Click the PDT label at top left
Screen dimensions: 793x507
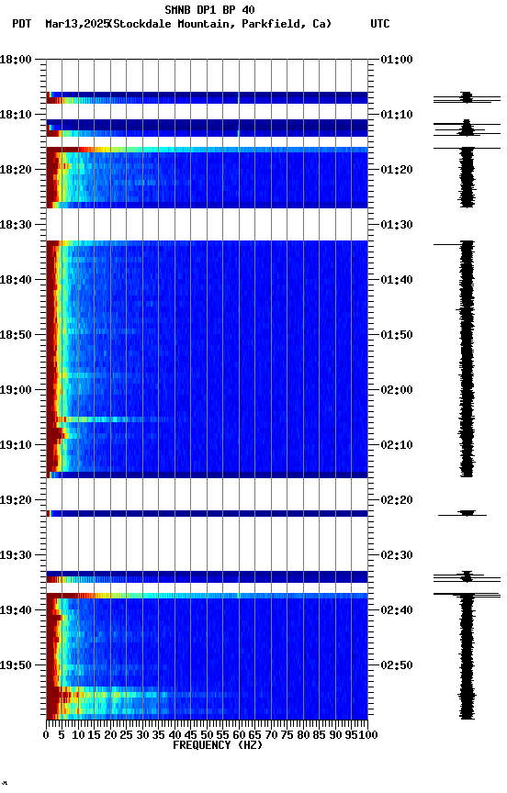pos(22,24)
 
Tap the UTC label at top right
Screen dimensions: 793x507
pos(380,24)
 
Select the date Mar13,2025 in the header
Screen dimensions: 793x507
pos(75,24)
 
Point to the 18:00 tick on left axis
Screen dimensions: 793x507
pos(17,60)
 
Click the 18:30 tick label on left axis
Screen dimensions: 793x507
pos(17,225)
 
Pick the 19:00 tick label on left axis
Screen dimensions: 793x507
pos(17,390)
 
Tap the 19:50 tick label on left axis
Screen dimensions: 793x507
pos(17,665)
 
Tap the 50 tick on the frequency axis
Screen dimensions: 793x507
pos(207,734)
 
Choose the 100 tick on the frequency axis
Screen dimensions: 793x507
pos(369,734)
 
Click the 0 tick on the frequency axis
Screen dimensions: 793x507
pos(47,734)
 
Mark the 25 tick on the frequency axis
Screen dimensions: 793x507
pos(127,734)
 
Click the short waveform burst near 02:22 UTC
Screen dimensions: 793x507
pos(468,514)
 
